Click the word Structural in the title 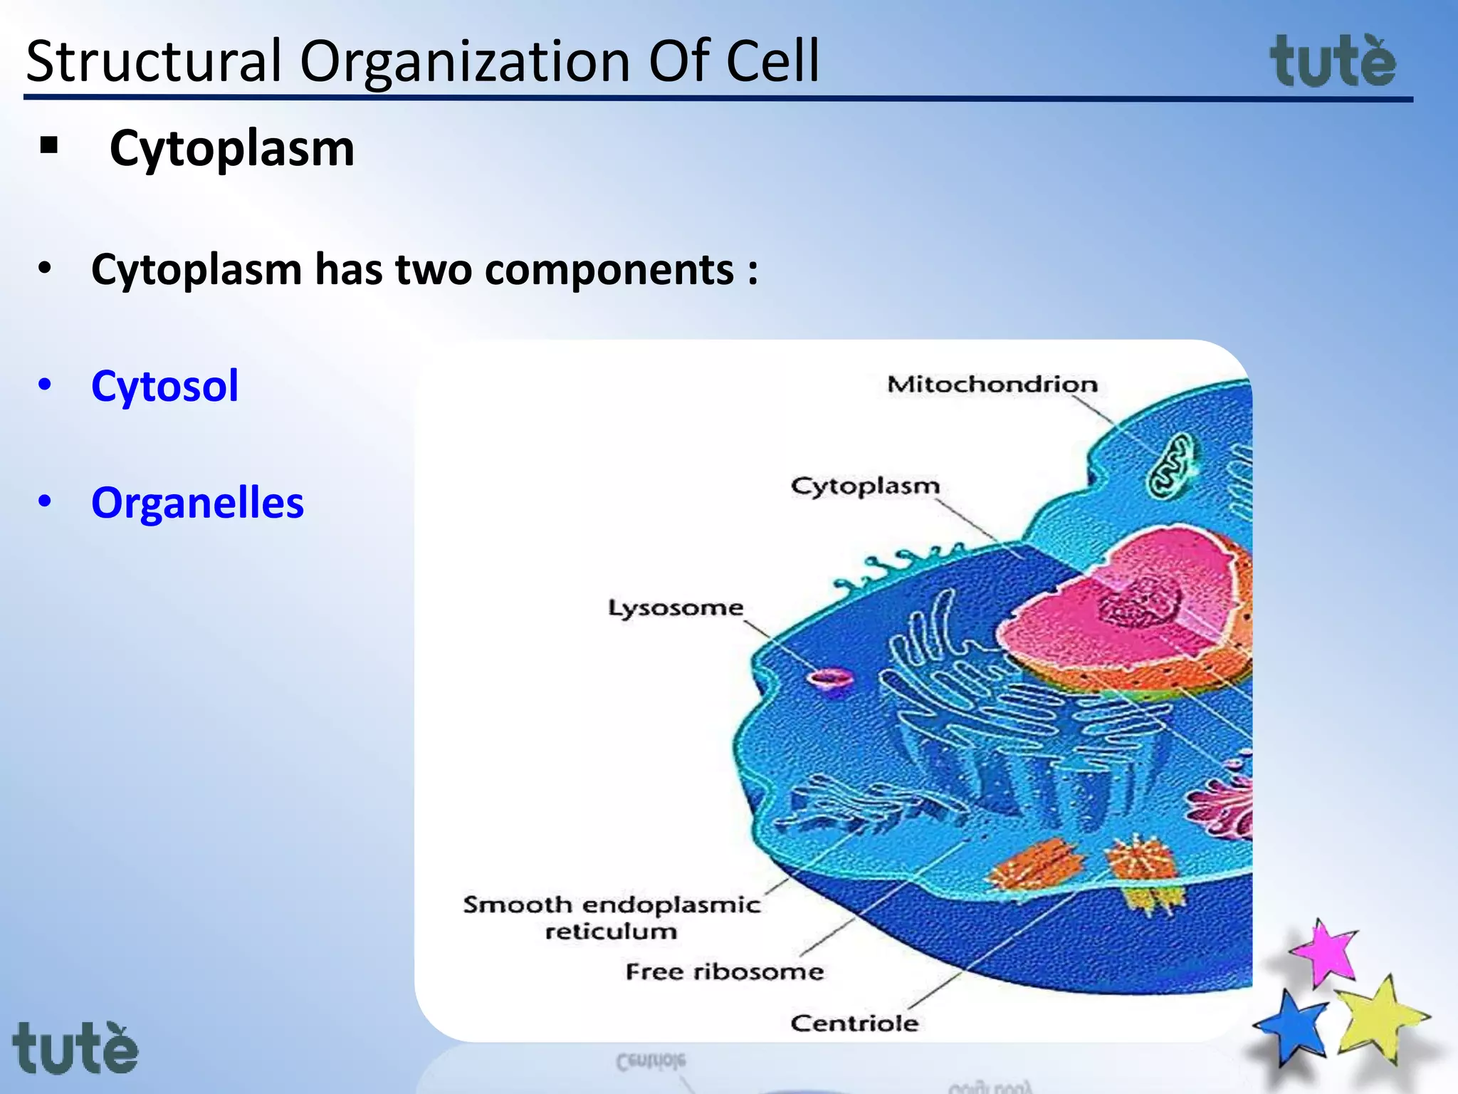153,61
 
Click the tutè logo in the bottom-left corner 75,1048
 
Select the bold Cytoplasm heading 231,149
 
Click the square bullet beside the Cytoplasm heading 49,146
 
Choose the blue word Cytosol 164,386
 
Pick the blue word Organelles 197,503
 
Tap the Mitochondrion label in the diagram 992,385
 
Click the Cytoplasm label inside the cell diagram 865,486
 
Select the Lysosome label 675,608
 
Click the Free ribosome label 724,971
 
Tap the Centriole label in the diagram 854,1023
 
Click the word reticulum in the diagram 611,932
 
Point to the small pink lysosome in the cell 829,677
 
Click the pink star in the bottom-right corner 1324,952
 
